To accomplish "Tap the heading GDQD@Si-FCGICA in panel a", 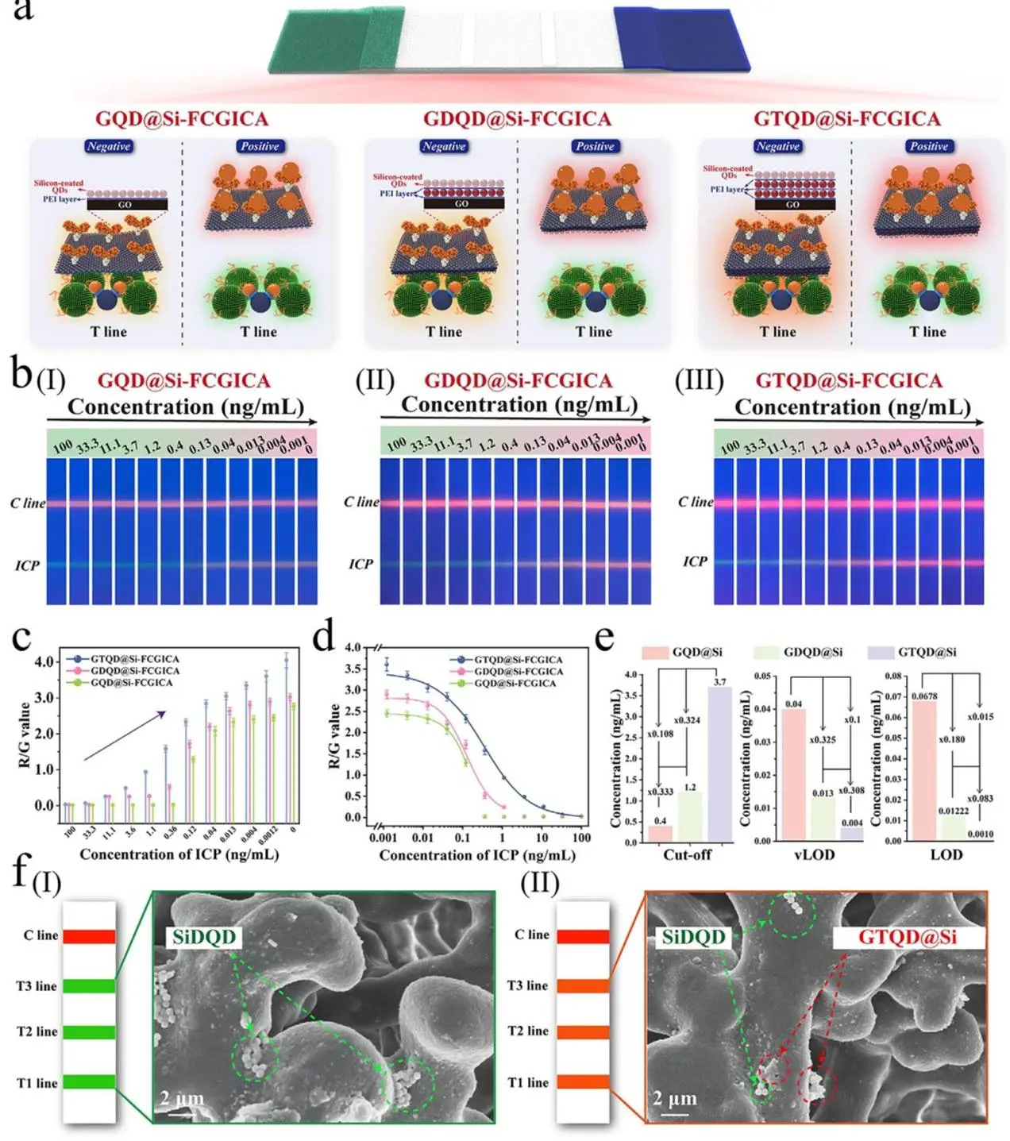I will tap(517, 119).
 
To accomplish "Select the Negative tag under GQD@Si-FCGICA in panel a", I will tap(109, 147).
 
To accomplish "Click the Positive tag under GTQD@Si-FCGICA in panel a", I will tap(929, 147).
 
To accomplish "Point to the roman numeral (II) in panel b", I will tap(375, 380).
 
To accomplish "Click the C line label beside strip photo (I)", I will tap(28, 503).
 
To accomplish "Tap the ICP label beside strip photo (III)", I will tap(695, 561).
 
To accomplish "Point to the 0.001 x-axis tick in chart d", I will tap(384, 837).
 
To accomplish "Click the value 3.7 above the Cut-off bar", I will tap(719, 681).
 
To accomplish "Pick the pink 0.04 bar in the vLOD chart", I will tap(793, 774).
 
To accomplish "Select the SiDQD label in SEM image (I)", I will tap(204, 938).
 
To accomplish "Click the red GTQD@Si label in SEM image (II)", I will tap(907, 938).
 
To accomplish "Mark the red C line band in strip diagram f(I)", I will tap(89, 937).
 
